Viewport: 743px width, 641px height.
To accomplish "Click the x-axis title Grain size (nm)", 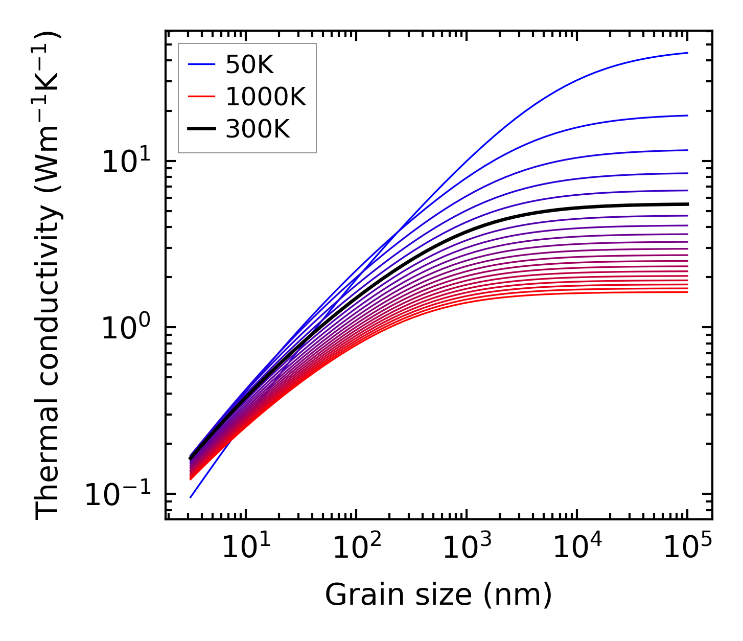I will coord(438,595).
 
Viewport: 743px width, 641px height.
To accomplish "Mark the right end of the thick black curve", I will coord(688,204).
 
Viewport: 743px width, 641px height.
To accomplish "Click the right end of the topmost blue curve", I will coord(688,53).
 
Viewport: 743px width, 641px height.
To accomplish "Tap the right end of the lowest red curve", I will coord(688,292).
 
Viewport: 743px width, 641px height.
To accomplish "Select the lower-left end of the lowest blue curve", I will coord(190,497).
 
